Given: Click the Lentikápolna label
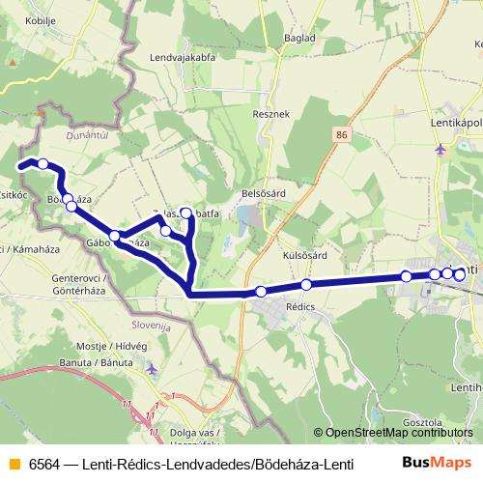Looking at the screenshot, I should pyautogui.click(x=456, y=123).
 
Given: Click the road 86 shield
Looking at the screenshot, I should pyautogui.click(x=342, y=136).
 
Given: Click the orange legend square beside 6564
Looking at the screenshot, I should pyautogui.click(x=14, y=463).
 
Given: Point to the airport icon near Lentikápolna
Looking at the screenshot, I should pyautogui.click(x=441, y=149).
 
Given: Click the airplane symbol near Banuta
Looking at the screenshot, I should pyautogui.click(x=153, y=367).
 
